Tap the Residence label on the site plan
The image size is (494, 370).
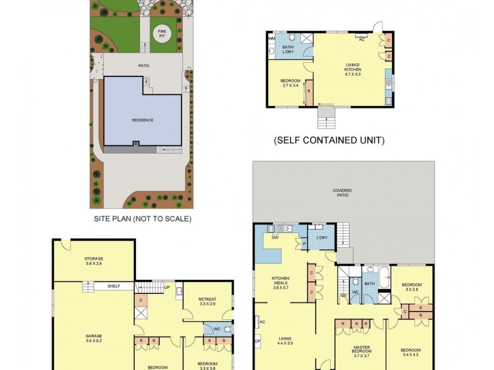point(142,120)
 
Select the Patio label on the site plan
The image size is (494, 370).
point(144,65)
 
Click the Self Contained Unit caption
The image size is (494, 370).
point(329,141)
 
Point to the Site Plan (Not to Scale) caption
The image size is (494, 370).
point(143,219)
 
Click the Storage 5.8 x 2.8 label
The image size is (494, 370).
point(94,260)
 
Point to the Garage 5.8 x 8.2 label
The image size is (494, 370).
point(94,338)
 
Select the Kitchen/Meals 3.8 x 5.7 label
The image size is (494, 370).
point(282,285)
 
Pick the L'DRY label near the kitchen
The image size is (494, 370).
point(321,237)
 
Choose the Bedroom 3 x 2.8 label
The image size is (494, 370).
point(412,287)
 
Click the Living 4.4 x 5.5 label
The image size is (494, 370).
point(285,340)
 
